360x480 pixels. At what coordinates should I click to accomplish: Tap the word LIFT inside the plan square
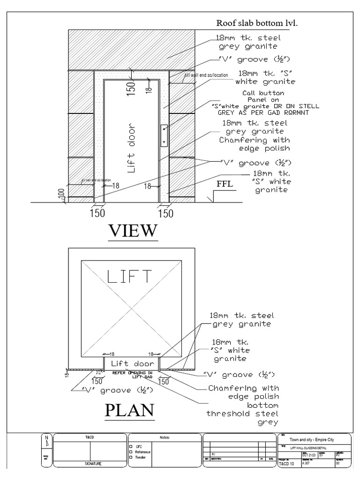(x=130, y=277)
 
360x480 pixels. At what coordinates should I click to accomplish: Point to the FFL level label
(x=224, y=185)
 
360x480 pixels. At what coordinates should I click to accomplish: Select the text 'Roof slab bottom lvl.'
(x=257, y=22)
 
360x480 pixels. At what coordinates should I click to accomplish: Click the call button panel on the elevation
(x=164, y=136)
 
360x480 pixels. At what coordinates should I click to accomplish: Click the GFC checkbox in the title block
(x=131, y=447)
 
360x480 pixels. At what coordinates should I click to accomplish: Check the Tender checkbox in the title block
(x=131, y=456)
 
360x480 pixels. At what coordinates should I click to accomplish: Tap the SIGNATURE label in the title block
(x=90, y=463)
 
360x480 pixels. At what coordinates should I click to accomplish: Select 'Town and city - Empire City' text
(x=313, y=440)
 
